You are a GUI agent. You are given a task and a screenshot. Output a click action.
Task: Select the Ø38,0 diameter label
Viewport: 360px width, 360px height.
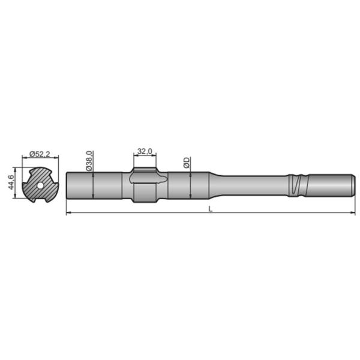pyautogui.click(x=89, y=161)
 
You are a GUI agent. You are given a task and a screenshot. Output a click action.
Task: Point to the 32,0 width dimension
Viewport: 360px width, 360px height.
pyautogui.click(x=144, y=151)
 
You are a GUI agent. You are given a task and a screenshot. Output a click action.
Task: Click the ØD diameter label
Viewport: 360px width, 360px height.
pyautogui.click(x=187, y=163)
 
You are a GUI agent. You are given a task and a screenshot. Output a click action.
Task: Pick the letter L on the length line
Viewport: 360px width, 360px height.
pyautogui.click(x=209, y=209)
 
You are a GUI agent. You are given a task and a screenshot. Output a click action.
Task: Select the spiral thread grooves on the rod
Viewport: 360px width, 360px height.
pyautogui.click(x=296, y=185)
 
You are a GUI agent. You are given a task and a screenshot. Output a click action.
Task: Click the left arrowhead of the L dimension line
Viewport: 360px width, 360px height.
pyautogui.click(x=67, y=212)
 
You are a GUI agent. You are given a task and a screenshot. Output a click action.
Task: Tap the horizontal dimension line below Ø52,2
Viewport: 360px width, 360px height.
pyautogui.click(x=40, y=158)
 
